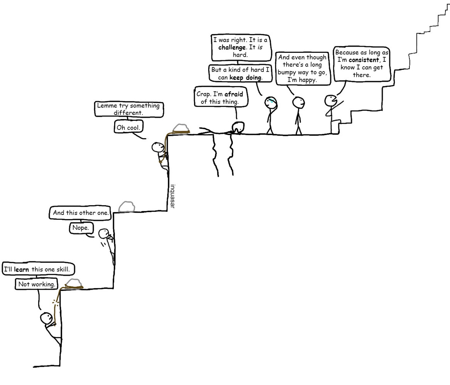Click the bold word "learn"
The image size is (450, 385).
tap(21, 269)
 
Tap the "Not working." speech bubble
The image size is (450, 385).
tap(36, 284)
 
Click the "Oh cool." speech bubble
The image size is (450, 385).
tap(128, 127)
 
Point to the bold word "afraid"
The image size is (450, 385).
tap(234, 94)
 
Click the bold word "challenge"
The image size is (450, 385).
tap(232, 47)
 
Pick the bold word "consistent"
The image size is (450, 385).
tap(364, 60)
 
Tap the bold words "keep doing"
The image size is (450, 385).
tap(245, 78)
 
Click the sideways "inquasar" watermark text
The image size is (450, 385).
tap(172, 196)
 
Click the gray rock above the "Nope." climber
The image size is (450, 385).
tap(126, 207)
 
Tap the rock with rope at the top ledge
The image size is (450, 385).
tap(181, 128)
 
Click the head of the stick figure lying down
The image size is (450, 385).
tap(238, 127)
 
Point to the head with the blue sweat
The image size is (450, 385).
tap(271, 103)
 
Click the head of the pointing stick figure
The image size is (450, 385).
tap(330, 101)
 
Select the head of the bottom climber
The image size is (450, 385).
tap(46, 318)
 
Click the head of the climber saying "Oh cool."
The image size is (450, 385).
tap(158, 147)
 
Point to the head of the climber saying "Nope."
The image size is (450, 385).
tap(104, 234)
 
